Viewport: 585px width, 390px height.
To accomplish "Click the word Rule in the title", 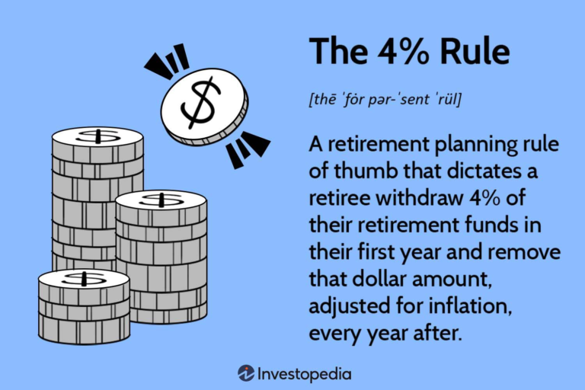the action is pos(475,51).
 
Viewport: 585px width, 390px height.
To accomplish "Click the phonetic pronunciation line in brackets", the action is pos(385,100).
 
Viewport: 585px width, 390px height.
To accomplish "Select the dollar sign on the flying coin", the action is pos(201,103).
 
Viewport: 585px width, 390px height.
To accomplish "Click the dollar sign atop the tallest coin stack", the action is pos(97,136).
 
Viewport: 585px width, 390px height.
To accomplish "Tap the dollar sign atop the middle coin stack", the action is pos(161,200).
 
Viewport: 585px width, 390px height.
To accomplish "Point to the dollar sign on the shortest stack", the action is pos(84,279).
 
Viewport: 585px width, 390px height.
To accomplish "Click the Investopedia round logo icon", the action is pos(246,373).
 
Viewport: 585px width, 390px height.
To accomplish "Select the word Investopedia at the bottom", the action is pos(305,374).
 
